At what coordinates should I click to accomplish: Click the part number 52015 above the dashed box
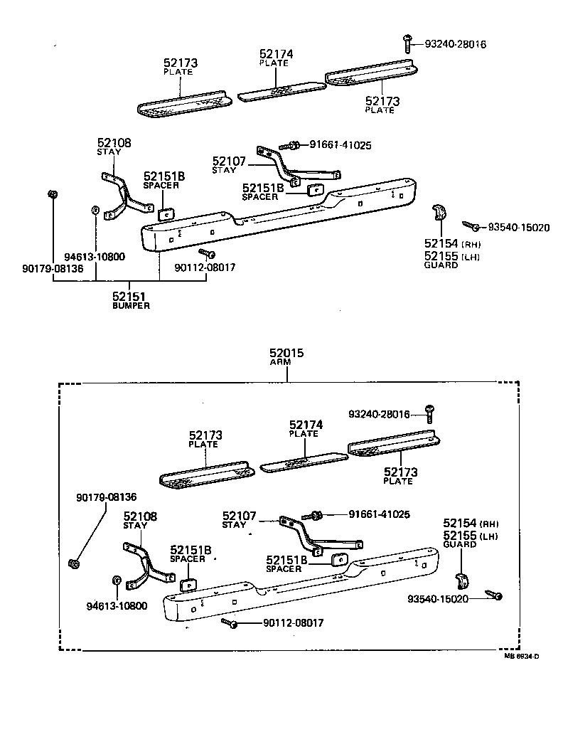tap(287, 353)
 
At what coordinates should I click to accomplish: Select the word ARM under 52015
tap(287, 363)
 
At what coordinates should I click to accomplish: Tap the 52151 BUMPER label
tap(131, 299)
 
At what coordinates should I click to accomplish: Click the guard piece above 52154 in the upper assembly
tap(440, 213)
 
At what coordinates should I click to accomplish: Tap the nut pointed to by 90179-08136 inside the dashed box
tap(73, 564)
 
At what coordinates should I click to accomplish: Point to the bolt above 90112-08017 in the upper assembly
tap(207, 253)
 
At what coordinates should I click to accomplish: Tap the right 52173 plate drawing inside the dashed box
tap(393, 446)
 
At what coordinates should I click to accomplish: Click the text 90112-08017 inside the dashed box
tap(293, 623)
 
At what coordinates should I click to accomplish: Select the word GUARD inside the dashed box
tap(459, 544)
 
